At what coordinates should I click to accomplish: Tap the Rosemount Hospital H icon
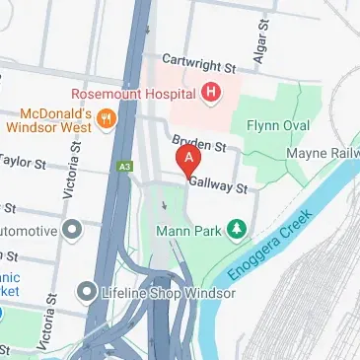point(209,94)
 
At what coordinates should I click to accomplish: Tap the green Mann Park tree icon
point(236,231)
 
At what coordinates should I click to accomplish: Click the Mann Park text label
point(188,232)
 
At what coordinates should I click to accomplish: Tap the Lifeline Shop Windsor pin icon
point(89,293)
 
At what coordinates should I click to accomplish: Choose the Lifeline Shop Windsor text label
point(157,294)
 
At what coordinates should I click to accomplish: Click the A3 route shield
point(125,168)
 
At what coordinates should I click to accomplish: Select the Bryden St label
point(200,145)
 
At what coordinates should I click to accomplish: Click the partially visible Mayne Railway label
point(323,154)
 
